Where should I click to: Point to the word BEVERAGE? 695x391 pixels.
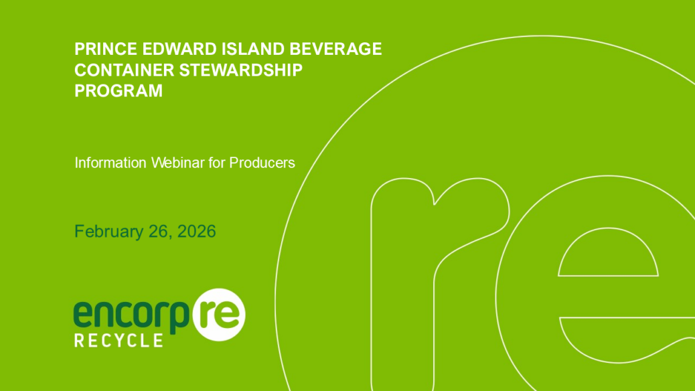pos(335,49)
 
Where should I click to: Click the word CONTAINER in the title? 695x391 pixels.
pos(124,70)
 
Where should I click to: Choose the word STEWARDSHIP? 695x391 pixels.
pos(240,70)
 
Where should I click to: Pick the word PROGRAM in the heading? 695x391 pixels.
pos(119,91)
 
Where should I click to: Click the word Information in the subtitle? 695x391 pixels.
pos(110,163)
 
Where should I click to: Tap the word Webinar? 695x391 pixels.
pos(177,163)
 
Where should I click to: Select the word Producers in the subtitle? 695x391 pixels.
pos(262,163)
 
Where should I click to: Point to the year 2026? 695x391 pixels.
pos(196,232)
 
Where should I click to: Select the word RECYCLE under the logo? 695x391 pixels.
pos(119,341)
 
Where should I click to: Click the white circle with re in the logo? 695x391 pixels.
pos(219,315)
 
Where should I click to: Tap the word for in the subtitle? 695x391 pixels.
pos(217,163)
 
